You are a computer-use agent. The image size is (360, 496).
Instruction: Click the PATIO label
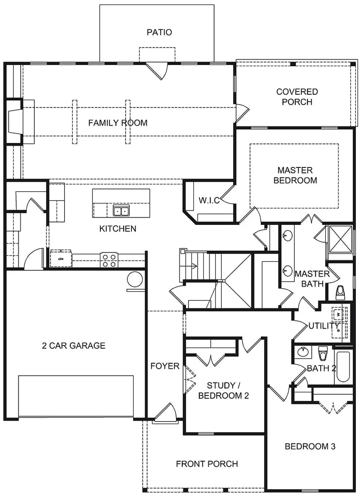pos(159,32)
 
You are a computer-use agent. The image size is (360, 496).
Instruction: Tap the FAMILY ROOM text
pos(118,123)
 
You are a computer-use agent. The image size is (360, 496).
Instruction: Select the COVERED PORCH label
pos(297,97)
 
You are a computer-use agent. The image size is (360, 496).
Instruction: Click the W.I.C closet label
pos(209,200)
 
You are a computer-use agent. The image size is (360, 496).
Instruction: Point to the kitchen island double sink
pos(121,211)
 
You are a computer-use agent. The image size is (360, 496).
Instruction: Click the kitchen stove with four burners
pos(110,260)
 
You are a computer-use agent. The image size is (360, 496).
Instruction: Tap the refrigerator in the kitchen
pos(60,259)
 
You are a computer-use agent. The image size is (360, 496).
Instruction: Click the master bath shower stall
pos(341,239)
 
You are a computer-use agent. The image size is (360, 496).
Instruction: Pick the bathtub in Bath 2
pos(343,367)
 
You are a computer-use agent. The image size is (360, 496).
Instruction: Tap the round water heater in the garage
pos(135,278)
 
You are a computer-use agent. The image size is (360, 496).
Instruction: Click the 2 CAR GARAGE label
pos(74,346)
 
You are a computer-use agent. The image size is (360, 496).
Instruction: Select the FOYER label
pos(165,366)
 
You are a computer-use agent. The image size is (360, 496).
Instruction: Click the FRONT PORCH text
pos(207,464)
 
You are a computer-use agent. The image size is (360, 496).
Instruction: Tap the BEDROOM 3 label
pos(310,446)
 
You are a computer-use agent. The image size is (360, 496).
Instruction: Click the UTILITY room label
pos(324,326)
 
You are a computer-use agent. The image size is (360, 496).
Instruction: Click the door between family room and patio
pos(158,70)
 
